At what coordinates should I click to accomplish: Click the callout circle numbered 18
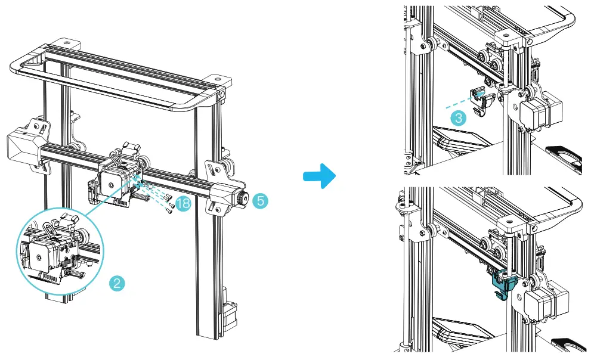(x=183, y=204)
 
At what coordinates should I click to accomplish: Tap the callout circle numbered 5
(x=259, y=201)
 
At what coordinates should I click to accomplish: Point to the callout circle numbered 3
(x=458, y=117)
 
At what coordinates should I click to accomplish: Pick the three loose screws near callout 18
(x=169, y=203)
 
